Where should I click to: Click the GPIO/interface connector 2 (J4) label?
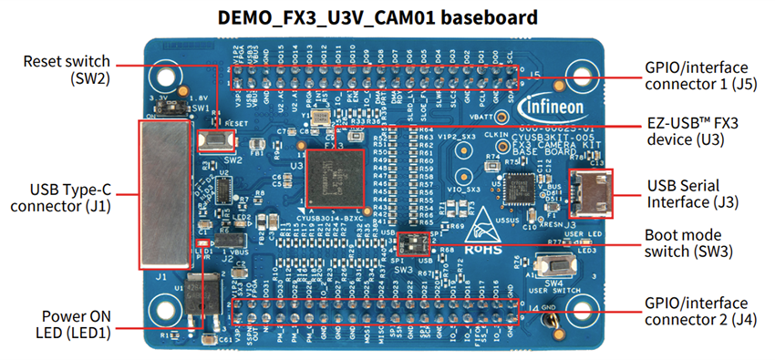697,312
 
